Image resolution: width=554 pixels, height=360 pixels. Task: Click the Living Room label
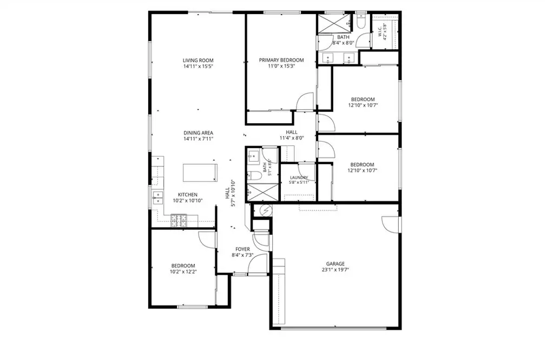click(x=198, y=61)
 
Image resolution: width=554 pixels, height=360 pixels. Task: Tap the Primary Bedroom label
click(x=281, y=60)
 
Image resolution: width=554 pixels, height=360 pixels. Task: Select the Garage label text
click(x=335, y=264)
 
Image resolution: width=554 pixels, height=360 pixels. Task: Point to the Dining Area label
click(x=198, y=133)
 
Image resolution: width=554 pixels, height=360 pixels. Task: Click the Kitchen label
click(x=188, y=195)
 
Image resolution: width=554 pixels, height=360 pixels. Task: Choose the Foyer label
click(x=242, y=249)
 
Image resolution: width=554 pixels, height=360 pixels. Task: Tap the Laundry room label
click(x=299, y=177)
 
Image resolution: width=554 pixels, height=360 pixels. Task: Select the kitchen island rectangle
click(x=200, y=173)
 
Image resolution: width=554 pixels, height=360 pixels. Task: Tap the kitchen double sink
click(x=157, y=198)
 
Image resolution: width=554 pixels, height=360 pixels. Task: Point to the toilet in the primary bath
click(x=361, y=21)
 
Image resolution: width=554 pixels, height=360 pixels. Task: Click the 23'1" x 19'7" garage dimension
click(x=335, y=270)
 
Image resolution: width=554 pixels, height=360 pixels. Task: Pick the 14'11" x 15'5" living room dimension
click(x=198, y=66)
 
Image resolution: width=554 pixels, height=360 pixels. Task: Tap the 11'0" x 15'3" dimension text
click(x=281, y=65)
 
